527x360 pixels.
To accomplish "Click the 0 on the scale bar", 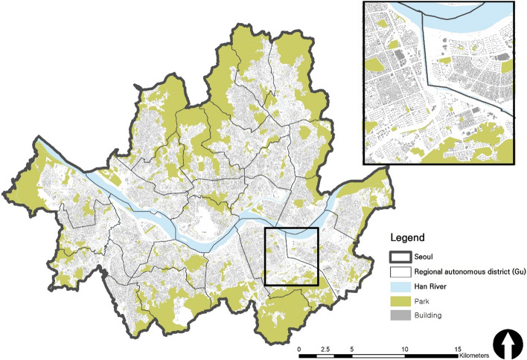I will [299, 338].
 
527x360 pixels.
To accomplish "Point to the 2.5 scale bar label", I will [325, 338].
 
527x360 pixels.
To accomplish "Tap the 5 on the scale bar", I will [352, 338].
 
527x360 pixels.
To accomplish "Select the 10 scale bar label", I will [405, 338].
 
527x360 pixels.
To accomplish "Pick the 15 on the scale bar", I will [458, 338].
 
